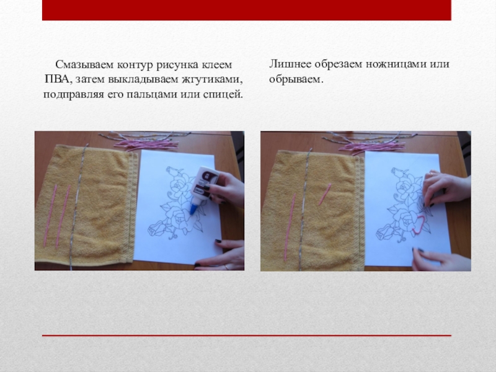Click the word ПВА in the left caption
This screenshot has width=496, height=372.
point(56,79)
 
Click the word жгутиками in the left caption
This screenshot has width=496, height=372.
point(212,79)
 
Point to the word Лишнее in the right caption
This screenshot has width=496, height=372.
point(290,64)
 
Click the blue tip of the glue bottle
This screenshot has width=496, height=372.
point(193,210)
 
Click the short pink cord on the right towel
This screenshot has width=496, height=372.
point(324,194)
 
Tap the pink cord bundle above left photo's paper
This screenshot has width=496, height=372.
point(146,145)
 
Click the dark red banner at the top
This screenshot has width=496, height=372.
point(246,10)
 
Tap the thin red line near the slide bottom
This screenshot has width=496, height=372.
point(246,335)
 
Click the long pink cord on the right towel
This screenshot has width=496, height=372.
point(290,226)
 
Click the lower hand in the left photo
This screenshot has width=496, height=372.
point(220,255)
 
